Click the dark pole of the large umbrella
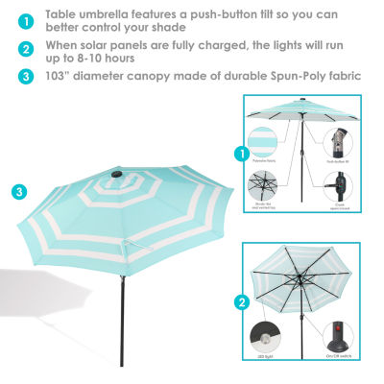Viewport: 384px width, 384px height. pos(122,317)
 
